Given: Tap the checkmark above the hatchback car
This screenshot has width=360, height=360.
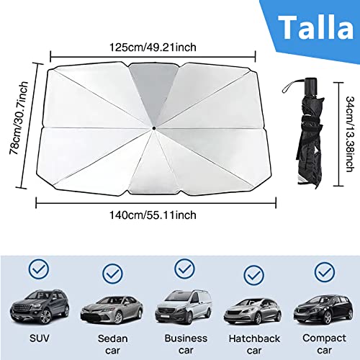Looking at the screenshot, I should pyautogui.click(x=253, y=274).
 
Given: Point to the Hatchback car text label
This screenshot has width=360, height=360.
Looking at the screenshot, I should pyautogui.click(x=248, y=343).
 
